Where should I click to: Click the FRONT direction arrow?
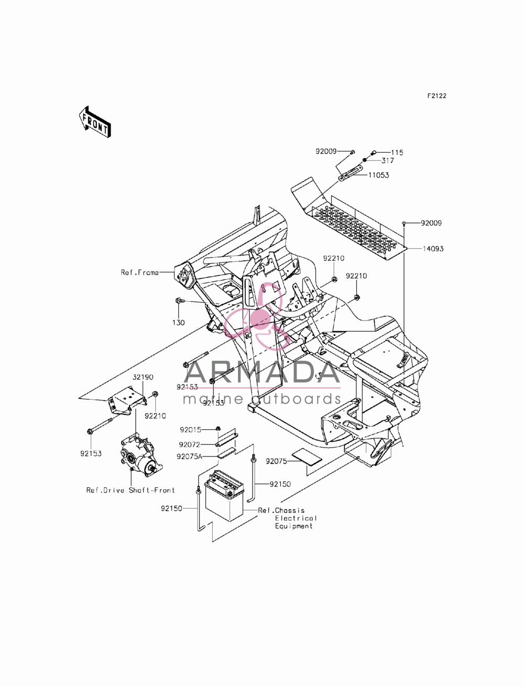(94, 122)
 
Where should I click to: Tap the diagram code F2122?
(437, 96)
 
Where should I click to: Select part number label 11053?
(378, 175)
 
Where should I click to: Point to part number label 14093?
(433, 249)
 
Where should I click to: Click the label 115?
(397, 153)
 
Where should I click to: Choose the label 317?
(387, 161)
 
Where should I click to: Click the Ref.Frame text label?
(140, 273)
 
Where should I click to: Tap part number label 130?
(178, 322)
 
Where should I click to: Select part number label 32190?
(143, 377)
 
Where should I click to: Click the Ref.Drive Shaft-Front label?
(130, 491)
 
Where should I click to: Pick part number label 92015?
(190, 430)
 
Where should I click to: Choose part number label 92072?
(189, 444)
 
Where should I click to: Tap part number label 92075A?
(189, 456)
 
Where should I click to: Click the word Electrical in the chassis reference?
(296, 518)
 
